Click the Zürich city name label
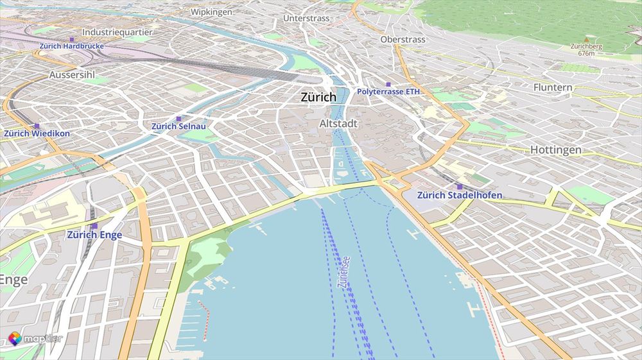click(x=318, y=98)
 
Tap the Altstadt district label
click(x=338, y=123)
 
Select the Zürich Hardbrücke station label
click(x=71, y=46)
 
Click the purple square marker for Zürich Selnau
click(x=178, y=119)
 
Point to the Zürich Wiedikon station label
click(x=37, y=133)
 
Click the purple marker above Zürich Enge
click(x=94, y=226)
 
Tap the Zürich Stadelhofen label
click(x=460, y=195)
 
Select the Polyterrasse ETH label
click(x=388, y=92)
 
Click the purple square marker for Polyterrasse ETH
click(x=388, y=84)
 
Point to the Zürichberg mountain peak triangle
click(x=586, y=40)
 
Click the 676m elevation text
click(x=586, y=53)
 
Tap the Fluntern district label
click(x=553, y=87)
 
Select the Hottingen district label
click(x=555, y=150)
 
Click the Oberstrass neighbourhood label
click(x=403, y=40)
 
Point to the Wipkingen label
click(x=211, y=12)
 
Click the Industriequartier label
click(x=117, y=31)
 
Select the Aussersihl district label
click(x=72, y=75)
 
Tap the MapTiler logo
click(x=35, y=338)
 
